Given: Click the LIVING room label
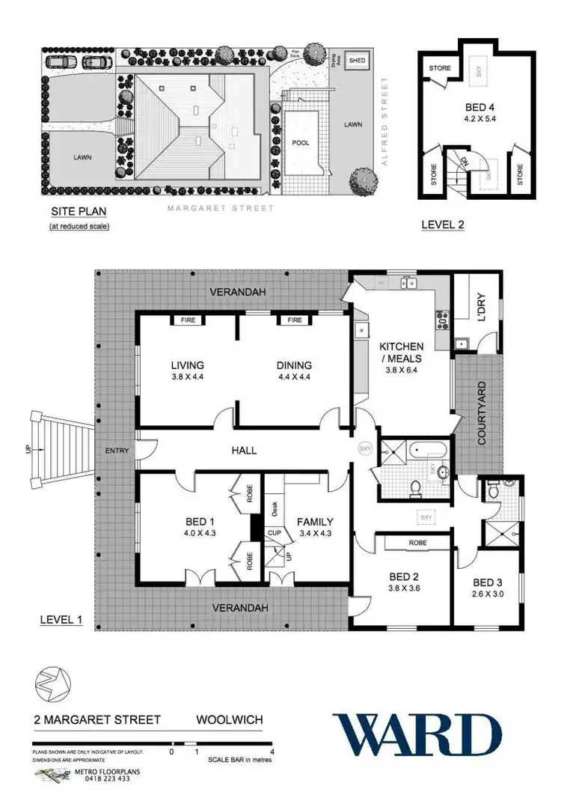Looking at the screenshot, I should pos(183,365).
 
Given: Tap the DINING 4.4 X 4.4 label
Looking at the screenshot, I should pos(293,365).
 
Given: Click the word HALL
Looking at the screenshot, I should pos(244,450).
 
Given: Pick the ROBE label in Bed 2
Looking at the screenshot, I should pos(417,543).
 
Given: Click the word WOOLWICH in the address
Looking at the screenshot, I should pos(229,720).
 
